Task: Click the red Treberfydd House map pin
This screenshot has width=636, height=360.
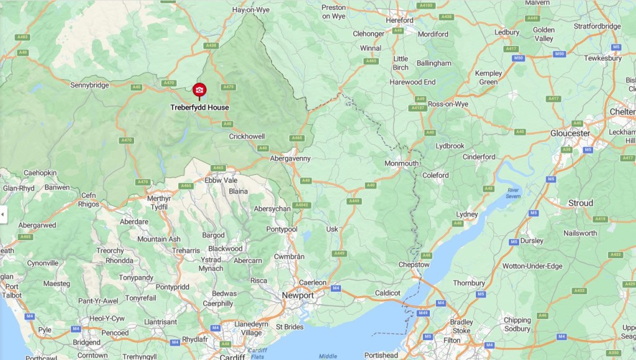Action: [x=199, y=91]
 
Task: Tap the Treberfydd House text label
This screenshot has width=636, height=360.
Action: [x=199, y=107]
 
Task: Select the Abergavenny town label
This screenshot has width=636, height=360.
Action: [x=289, y=158]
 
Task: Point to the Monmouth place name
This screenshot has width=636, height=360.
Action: [x=401, y=163]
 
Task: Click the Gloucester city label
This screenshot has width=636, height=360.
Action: [x=570, y=133]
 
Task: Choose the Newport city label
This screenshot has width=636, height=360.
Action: [x=297, y=295]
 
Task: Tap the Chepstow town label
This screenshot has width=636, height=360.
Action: [x=414, y=264]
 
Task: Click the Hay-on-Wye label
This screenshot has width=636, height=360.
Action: [x=250, y=11]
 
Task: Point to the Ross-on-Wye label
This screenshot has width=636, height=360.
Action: [x=448, y=104]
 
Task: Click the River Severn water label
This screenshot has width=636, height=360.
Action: [x=512, y=194]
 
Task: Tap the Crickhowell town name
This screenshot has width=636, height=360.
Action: [x=247, y=136]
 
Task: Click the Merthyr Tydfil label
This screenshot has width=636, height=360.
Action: [x=158, y=202]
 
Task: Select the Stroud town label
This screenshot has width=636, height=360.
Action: [x=581, y=203]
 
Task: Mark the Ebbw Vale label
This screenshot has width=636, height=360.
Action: [x=220, y=180]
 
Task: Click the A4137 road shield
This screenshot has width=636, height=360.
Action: [x=417, y=108]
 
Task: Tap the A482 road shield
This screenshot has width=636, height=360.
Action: [x=23, y=37]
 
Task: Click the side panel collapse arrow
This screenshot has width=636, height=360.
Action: [x=3, y=214]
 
